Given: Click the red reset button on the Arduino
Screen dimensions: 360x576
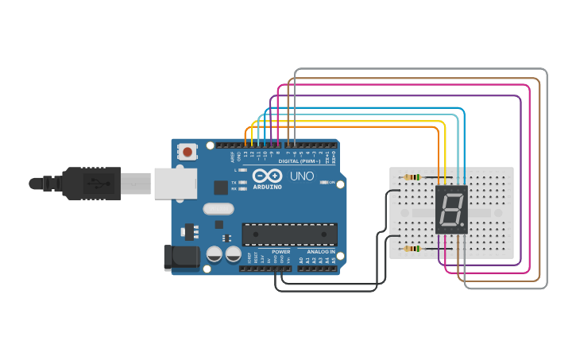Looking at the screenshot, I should (x=187, y=151).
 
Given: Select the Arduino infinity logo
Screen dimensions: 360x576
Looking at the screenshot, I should (x=267, y=176).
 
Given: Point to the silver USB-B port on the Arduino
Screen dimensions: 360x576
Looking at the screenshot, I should (x=174, y=183).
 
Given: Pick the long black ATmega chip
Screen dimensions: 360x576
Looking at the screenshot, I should (x=289, y=234).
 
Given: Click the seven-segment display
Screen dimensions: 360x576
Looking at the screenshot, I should (x=451, y=210).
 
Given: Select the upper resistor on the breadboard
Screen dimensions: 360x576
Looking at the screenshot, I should (x=412, y=177).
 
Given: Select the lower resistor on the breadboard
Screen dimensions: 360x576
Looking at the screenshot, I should (x=412, y=249).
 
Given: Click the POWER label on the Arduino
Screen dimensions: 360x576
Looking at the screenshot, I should (x=281, y=251).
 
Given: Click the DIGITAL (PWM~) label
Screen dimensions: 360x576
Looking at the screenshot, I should (x=299, y=161).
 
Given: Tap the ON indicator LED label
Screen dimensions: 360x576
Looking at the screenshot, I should (x=327, y=182).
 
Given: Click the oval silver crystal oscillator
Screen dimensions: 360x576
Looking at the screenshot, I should (x=219, y=209).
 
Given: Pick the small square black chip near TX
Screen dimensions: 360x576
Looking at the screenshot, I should (x=220, y=188).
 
